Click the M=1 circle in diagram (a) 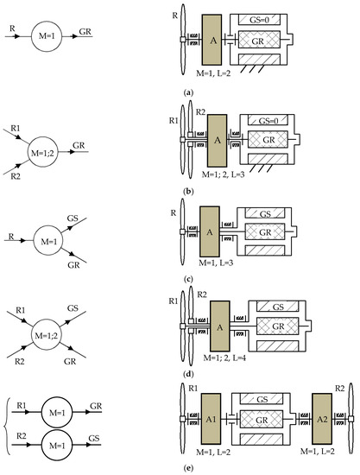tap(47, 36)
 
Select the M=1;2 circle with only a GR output tap(42, 152)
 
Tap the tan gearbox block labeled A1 tap(211, 419)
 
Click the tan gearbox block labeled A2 tap(322, 419)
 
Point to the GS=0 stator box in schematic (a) tap(259, 20)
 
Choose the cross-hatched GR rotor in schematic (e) tap(262, 420)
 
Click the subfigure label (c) tap(188, 279)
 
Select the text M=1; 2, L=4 tap(224, 358)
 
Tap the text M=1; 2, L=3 tap(223, 174)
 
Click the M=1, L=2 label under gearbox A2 tap(318, 451)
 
